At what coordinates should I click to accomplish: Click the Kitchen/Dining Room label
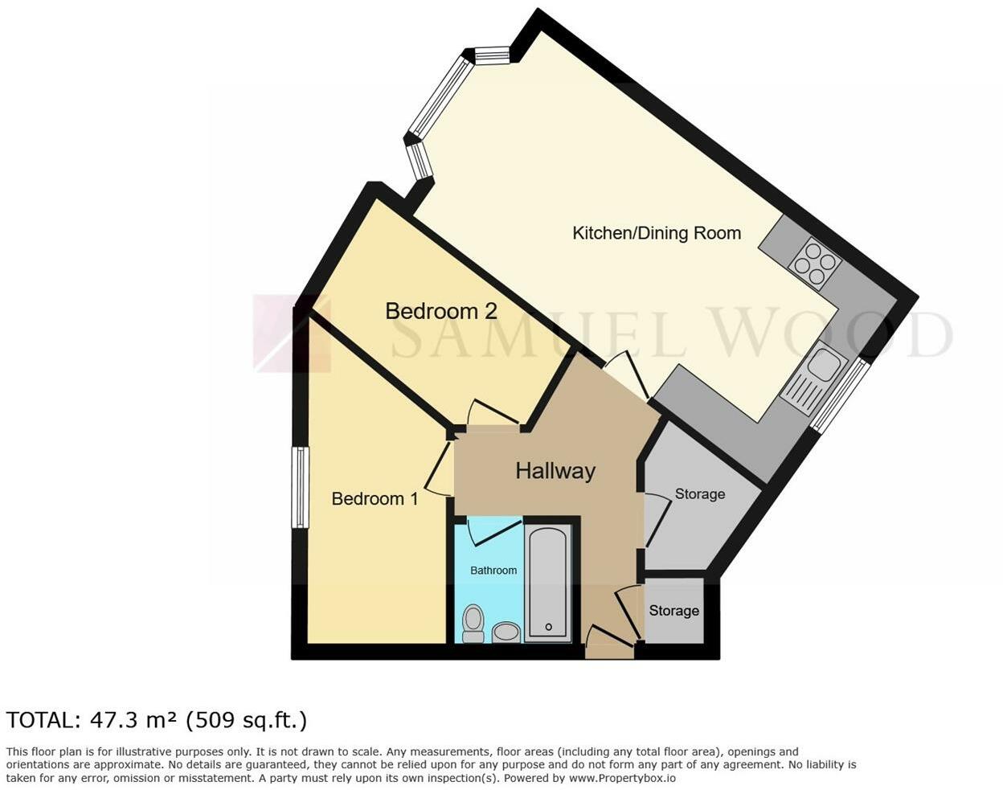point(656,233)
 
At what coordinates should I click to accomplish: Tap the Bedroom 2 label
point(440,311)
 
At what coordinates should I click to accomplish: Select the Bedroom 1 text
point(375,499)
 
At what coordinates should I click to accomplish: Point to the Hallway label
point(555,471)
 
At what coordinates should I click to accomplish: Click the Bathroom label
point(493,571)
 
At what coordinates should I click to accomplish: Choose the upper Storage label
point(699,494)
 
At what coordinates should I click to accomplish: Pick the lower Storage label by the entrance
point(673,611)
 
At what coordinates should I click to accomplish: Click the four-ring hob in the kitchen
point(816,263)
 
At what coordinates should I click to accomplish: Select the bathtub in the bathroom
point(548,583)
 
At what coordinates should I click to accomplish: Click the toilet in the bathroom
point(473,624)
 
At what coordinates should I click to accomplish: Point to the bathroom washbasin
point(506,632)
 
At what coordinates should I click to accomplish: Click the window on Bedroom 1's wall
point(300,487)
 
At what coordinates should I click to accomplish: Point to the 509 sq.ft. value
point(246,720)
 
